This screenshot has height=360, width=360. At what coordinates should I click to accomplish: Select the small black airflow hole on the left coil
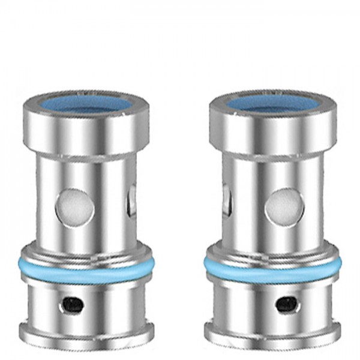73,305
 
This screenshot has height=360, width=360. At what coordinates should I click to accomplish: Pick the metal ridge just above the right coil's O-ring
272,252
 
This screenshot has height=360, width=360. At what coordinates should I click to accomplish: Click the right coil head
272,180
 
